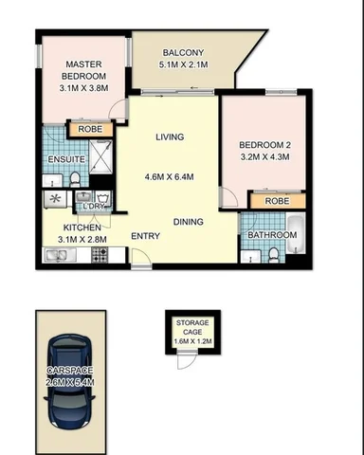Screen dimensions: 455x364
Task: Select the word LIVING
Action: coord(170,138)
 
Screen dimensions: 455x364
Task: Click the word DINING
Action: coord(188,222)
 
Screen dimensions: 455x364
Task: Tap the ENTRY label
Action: coord(145,235)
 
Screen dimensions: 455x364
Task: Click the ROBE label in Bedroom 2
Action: coord(277,201)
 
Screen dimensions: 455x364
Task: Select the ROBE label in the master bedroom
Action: coord(90,129)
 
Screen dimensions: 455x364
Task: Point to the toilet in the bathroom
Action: coord(273,253)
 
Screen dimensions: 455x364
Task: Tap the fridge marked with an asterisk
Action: coord(53,199)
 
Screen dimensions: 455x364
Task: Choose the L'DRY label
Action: coord(94,206)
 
